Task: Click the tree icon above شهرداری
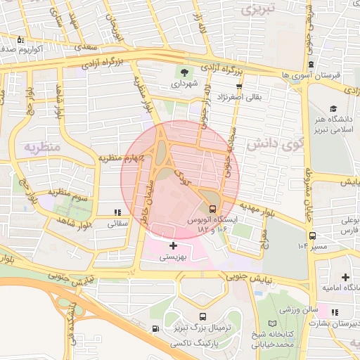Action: pos(185,72)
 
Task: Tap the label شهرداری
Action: pos(185,84)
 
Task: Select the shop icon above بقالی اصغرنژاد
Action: pos(240,86)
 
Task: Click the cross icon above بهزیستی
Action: pos(173,245)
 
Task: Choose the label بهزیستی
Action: pos(173,257)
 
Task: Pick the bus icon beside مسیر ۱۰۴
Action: pos(311,236)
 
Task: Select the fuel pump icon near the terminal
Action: pos(155,328)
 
